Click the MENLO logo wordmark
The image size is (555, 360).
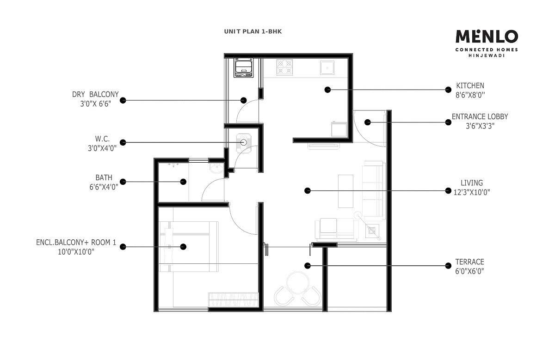(x=487, y=37)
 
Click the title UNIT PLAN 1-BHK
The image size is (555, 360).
(x=253, y=31)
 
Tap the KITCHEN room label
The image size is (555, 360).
(x=470, y=85)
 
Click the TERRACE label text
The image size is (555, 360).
(x=469, y=262)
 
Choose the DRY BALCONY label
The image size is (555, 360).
(x=95, y=95)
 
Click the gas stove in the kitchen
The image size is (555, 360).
(x=285, y=67)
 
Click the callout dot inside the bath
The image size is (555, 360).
(x=184, y=182)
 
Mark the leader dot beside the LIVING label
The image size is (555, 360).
(x=447, y=190)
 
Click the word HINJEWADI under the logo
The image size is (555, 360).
(x=487, y=56)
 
